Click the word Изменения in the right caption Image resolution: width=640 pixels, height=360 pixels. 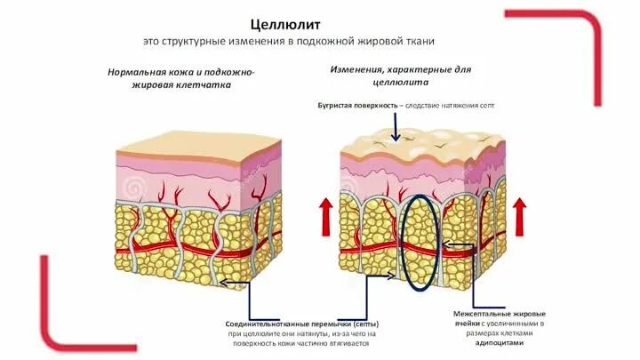pos(358,68)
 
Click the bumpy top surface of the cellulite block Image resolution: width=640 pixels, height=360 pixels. pos(418,142)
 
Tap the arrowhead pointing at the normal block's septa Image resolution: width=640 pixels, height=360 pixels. pos(224,284)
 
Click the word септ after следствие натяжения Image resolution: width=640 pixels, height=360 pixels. pos(484,105)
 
